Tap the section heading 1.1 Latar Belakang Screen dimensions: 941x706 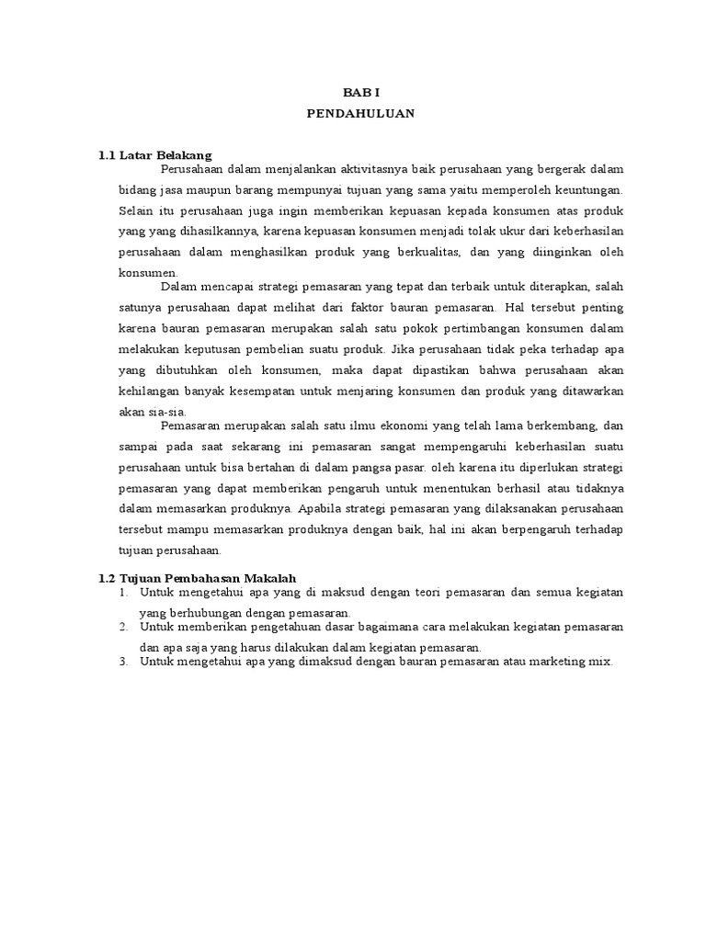(155, 155)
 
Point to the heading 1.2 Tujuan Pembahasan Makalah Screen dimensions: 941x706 (197, 577)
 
